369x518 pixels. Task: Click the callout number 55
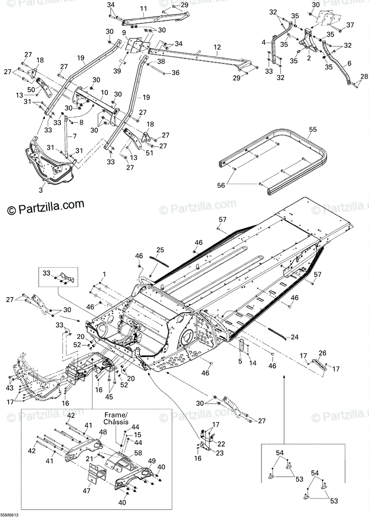pos(312,129)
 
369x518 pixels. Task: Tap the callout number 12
pos(217,47)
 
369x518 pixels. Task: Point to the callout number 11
pos(143,9)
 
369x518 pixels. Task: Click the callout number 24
pos(293,337)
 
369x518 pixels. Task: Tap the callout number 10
pos(104,92)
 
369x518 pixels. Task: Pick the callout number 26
pos(322,353)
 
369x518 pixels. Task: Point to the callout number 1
pos(104,275)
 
